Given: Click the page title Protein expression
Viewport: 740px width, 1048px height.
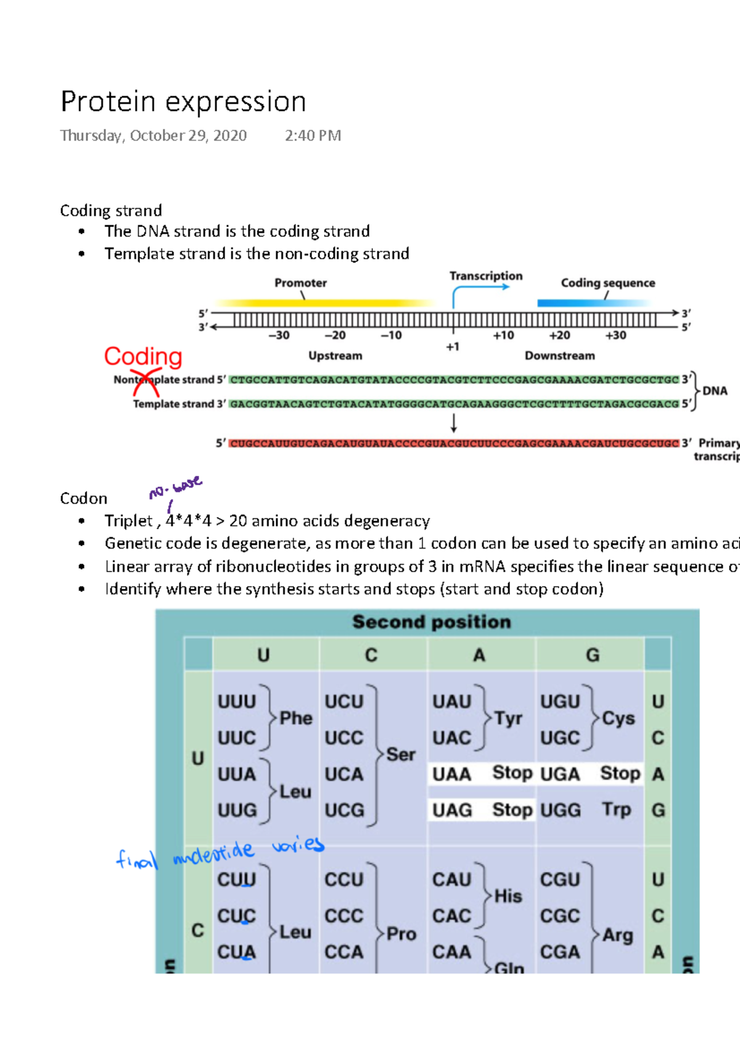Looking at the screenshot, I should [183, 102].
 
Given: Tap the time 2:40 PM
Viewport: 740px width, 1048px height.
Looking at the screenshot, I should [313, 136].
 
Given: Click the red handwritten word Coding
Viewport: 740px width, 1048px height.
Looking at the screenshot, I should [143, 357].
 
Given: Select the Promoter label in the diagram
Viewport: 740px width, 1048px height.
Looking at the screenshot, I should [300, 283].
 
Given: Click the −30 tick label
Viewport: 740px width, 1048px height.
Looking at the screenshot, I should [279, 335].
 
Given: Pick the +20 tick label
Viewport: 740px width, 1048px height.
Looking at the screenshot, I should [559, 335].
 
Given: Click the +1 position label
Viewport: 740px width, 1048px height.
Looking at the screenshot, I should [453, 347].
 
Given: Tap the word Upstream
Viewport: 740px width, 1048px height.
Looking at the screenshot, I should [335, 356].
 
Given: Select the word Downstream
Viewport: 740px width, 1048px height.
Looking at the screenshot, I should [559, 356].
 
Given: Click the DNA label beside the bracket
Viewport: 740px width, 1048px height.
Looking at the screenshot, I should [715, 391].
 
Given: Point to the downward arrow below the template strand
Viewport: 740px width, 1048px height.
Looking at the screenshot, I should [454, 423].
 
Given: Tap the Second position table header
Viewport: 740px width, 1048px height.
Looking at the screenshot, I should [431, 622].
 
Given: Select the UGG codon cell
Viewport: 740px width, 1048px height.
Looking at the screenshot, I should [560, 810].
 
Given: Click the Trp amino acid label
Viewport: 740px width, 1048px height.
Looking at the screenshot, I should [616, 809].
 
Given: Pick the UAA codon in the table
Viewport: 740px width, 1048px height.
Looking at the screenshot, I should [451, 774].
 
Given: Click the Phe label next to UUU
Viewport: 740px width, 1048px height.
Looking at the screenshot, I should [296, 718].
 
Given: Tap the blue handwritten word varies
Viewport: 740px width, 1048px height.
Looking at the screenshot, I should [298, 844].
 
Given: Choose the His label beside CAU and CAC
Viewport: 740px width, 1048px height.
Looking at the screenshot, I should [508, 896].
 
